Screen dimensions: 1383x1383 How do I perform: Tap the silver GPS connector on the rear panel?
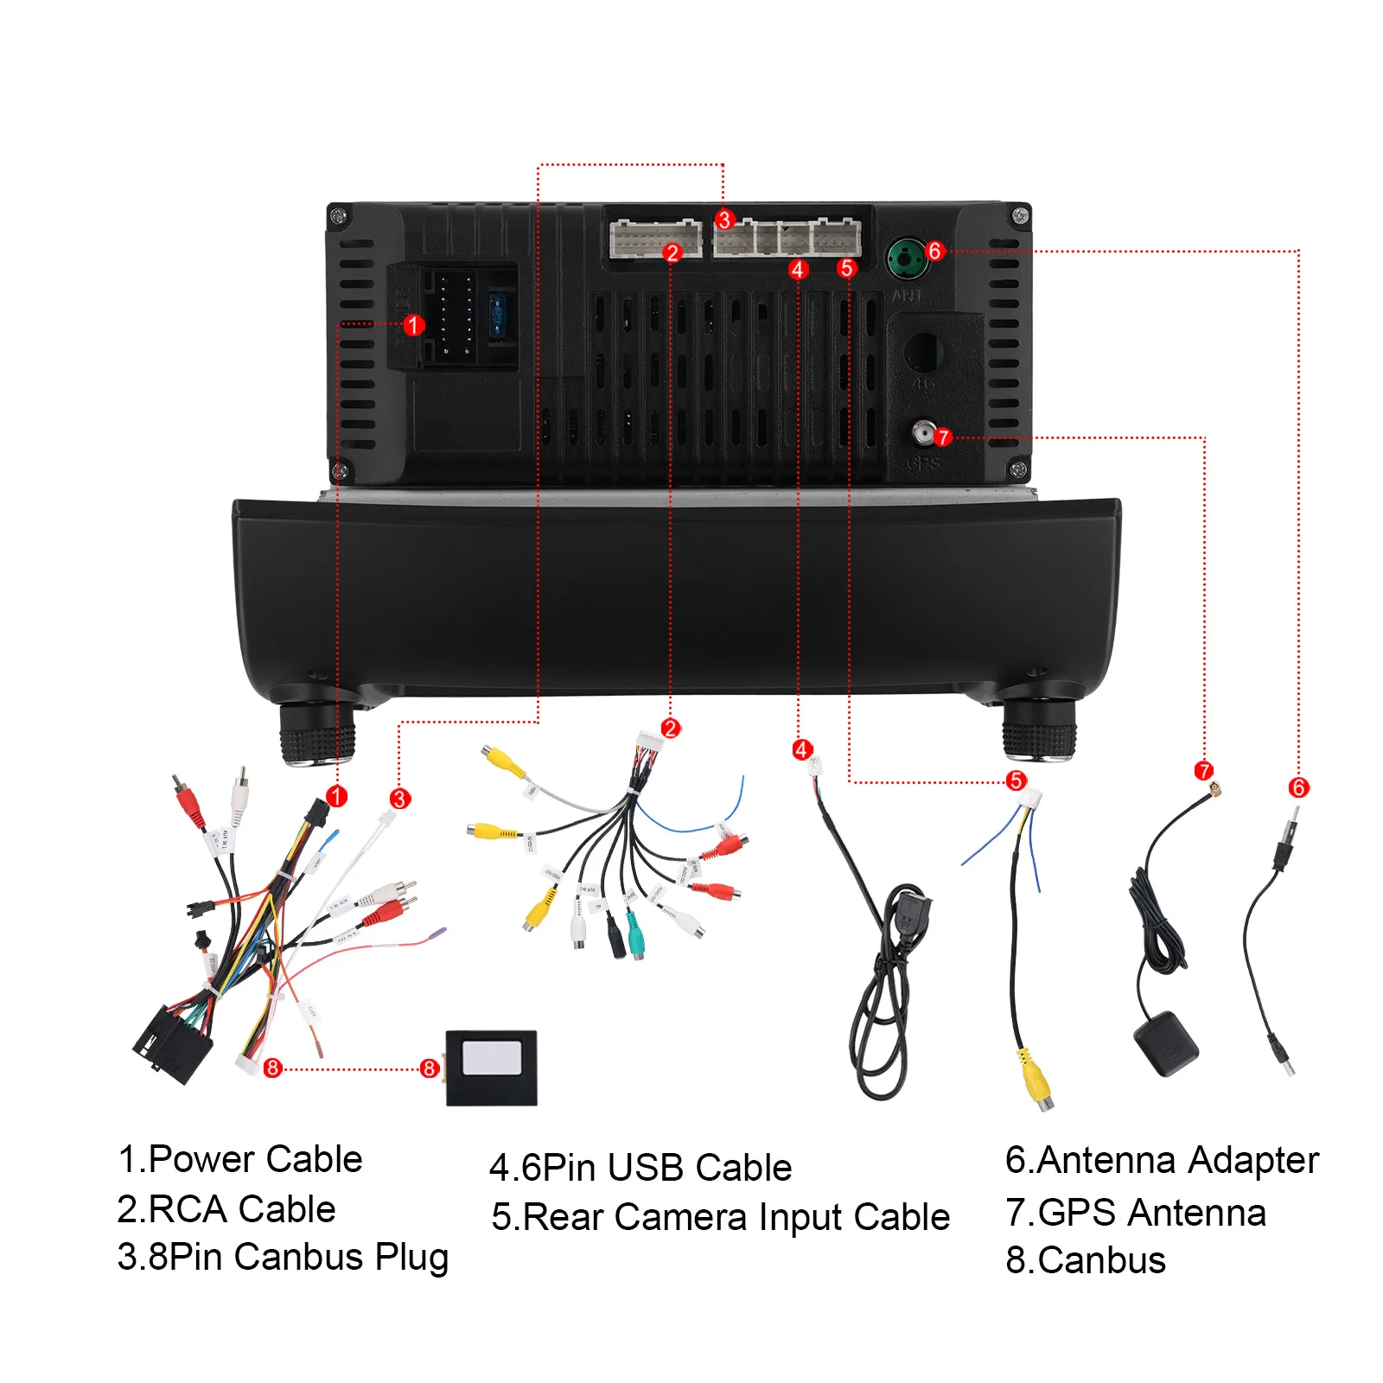coord(924,431)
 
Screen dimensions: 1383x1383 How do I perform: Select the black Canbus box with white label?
coord(491,1068)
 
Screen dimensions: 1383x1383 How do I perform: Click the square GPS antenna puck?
coord(1165,1043)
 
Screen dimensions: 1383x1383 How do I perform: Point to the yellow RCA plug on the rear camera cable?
coord(1035,1080)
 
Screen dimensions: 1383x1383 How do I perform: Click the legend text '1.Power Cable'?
coord(239,1159)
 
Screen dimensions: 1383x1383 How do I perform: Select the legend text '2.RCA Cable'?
coord(226,1208)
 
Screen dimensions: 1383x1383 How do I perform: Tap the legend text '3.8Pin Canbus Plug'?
coord(283,1257)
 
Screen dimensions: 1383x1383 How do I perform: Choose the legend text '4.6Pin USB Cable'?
coord(641,1168)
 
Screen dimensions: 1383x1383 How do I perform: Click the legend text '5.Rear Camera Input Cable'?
coord(720,1217)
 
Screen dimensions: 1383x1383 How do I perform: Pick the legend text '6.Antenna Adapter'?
coord(1162,1160)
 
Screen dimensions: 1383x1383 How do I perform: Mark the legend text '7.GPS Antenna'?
coord(1135,1212)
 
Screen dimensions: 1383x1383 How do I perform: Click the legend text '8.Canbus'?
coord(1086,1260)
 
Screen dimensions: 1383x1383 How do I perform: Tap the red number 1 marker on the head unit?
coord(413,325)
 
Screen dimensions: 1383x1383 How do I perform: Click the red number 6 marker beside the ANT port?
coord(934,251)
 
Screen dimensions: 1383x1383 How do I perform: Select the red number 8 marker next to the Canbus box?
coord(429,1068)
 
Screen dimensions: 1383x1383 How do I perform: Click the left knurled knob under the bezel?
coord(317,733)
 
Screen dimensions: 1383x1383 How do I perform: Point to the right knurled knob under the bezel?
coord(1038,731)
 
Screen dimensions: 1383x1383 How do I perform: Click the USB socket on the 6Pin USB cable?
coord(910,912)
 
